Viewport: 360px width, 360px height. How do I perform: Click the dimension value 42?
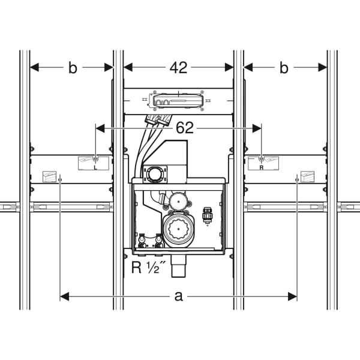coord(178,68)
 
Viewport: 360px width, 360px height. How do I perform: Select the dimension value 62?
coord(185,128)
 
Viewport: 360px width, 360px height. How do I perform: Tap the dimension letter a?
coord(179,296)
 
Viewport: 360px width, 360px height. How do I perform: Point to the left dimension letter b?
coord(73,68)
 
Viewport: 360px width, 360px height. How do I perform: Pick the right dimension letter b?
coord(284,68)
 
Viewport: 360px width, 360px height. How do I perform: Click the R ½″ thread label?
coord(149,267)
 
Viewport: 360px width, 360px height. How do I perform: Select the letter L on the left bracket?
coord(95,167)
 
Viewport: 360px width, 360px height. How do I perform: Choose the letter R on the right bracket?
coord(261,167)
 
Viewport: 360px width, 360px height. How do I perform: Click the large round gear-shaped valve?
coord(179,229)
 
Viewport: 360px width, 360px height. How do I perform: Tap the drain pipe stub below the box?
coord(179,266)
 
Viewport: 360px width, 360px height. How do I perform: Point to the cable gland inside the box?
coord(208,215)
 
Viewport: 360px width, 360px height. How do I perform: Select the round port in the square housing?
coord(152,174)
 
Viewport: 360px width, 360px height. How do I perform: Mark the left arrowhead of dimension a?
coord(64,296)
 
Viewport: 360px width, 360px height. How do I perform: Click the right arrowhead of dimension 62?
coord(257,128)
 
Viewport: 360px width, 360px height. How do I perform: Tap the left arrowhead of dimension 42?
coord(128,67)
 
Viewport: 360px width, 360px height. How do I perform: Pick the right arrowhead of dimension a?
coord(293,296)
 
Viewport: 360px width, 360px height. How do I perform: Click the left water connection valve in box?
coord(142,240)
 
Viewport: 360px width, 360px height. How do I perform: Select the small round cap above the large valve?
coord(178,202)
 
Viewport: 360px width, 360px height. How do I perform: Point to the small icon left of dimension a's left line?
coord(49,176)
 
